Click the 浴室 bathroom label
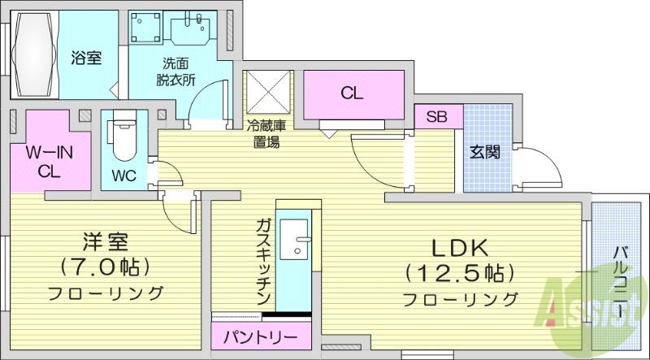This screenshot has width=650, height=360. tap(86, 57)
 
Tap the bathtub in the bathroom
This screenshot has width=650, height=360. tap(35, 54)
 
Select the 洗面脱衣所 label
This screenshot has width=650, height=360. tap(175, 72)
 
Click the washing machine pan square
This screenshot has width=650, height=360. tap(145, 27)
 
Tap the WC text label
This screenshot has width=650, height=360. tap(123, 176)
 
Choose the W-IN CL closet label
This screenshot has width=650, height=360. tap(50, 163)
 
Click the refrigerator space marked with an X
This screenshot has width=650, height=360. tap(269, 92)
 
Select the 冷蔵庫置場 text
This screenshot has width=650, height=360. tap(266, 133)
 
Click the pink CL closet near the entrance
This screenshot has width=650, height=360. tap(353, 94)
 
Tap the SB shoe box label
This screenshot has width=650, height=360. tap(436, 117)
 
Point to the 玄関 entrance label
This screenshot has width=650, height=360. tap(484, 153)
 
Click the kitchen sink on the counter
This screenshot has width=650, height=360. tap(294, 238)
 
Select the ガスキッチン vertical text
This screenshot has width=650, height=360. tap(263, 262)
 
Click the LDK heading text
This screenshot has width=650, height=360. tap(459, 249)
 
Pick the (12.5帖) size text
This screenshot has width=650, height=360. tap(460, 273)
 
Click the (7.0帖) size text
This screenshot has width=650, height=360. tap(106, 267)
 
